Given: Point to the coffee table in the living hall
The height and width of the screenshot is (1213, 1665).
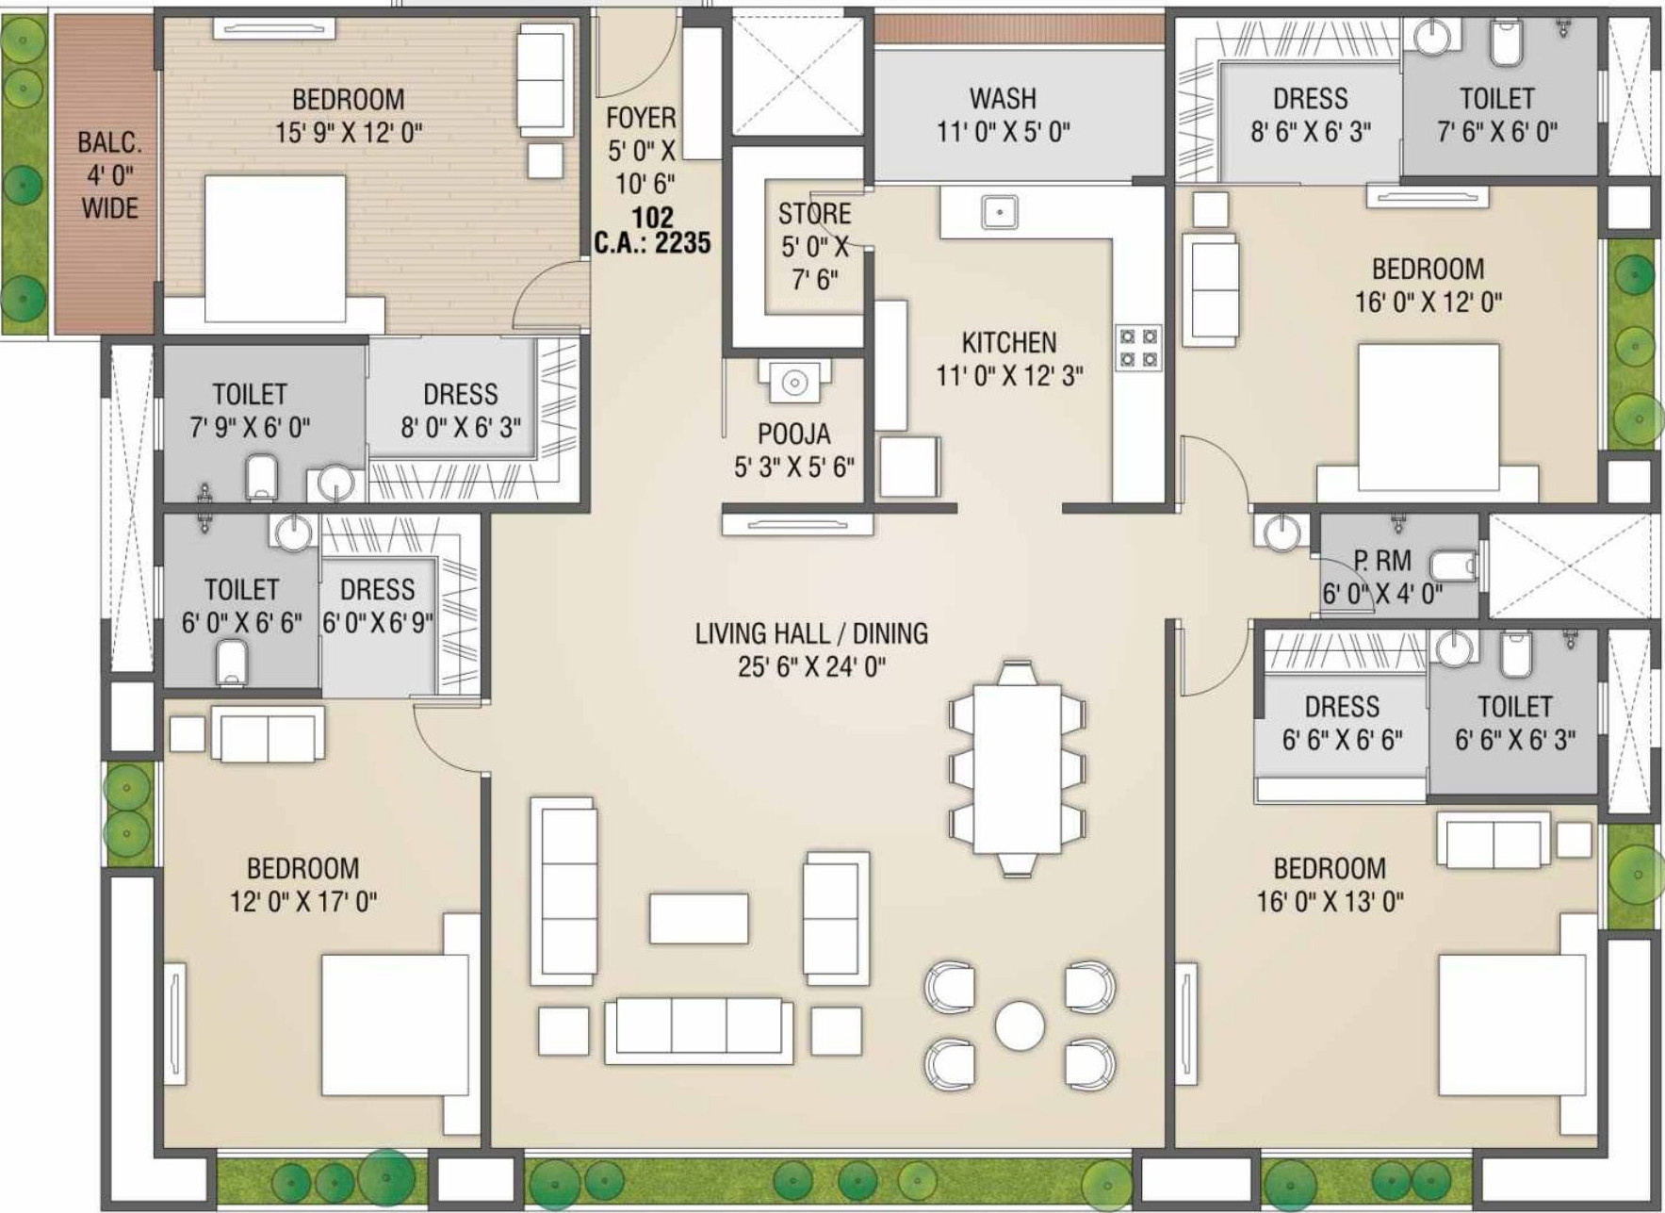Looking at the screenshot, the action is (699, 918).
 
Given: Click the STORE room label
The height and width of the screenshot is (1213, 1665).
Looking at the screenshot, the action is (814, 214).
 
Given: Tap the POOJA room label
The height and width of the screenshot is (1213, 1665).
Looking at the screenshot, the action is (794, 434).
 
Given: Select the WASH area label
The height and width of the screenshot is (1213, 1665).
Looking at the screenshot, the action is (1003, 98).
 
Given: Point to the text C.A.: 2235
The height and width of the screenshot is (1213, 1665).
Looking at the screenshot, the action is (652, 243).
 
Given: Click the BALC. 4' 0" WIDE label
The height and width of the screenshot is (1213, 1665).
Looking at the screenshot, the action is (109, 175).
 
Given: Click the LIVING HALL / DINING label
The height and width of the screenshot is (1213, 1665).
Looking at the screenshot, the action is (811, 633).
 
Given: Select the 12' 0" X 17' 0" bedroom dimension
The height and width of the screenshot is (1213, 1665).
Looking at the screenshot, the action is (303, 902).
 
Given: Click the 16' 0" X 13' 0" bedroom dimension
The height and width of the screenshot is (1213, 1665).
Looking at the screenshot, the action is (1330, 902).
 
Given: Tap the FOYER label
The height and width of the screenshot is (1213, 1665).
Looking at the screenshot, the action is (641, 118).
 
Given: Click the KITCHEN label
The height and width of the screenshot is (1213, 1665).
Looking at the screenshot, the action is (1009, 342).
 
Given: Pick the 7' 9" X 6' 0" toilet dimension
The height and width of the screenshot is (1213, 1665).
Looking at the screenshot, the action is (250, 428).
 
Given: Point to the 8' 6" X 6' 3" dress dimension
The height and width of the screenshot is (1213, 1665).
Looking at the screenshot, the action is (1311, 132).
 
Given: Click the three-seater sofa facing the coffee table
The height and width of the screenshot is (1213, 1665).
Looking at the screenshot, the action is (699, 1031).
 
